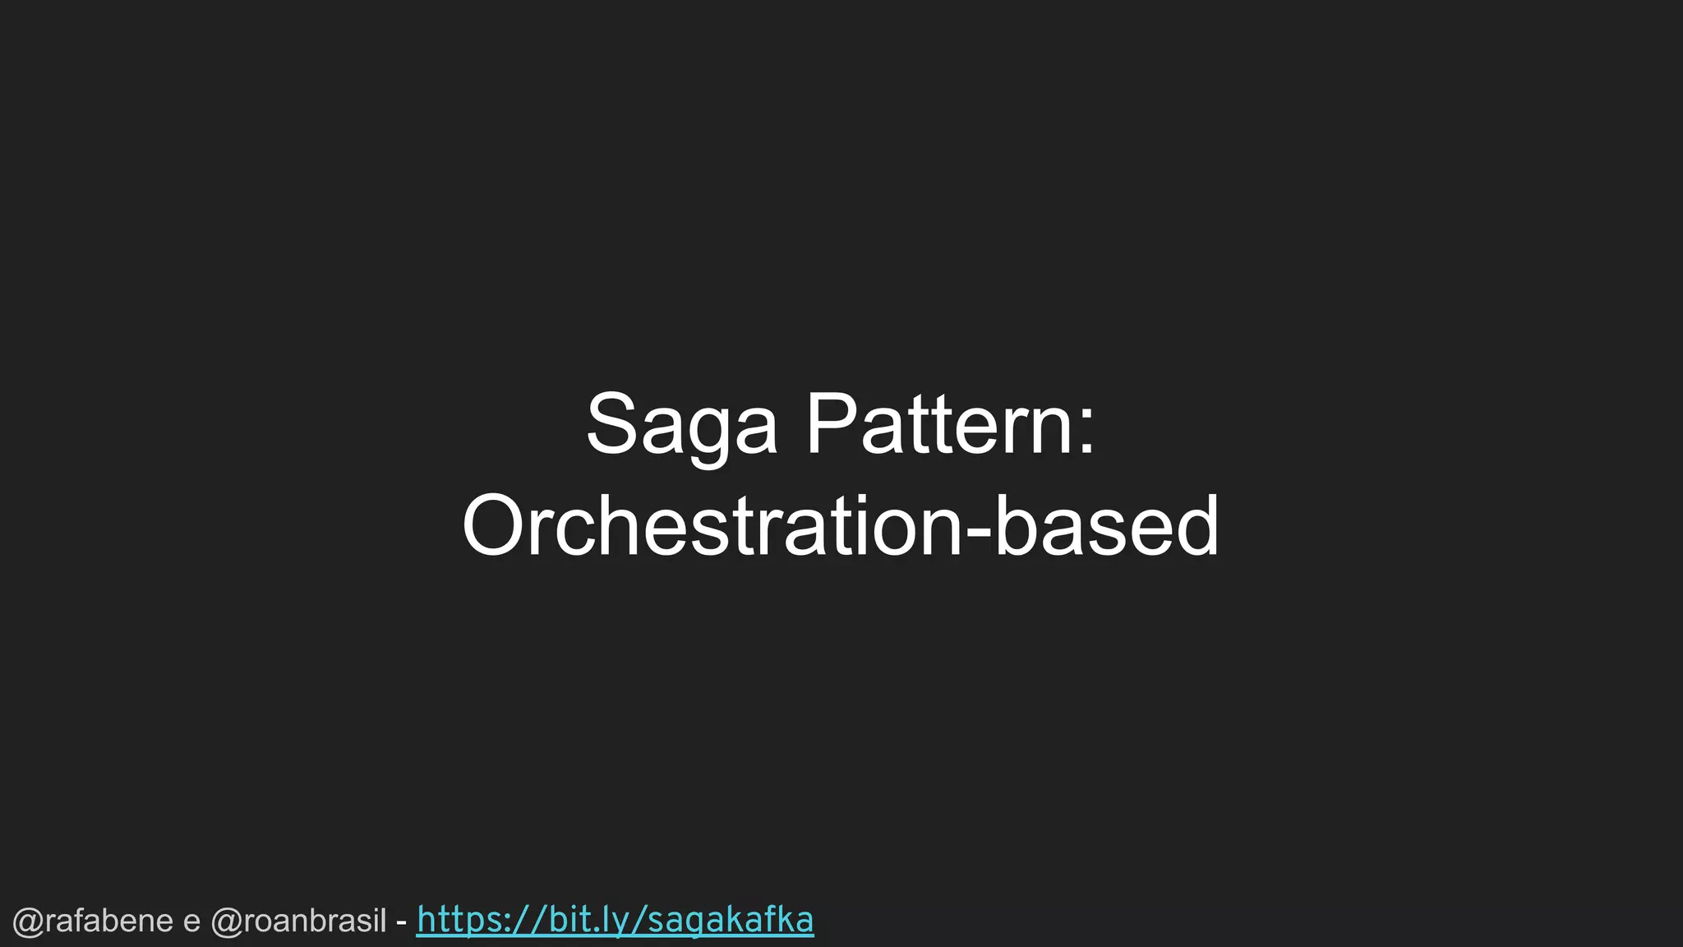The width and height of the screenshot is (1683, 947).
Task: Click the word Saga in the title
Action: click(681, 425)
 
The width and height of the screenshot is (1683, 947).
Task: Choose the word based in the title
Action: click(1106, 525)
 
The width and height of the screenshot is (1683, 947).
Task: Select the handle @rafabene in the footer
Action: click(93, 922)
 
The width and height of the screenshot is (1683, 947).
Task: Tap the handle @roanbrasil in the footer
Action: click(298, 922)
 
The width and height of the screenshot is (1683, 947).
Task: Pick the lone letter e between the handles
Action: click(191, 923)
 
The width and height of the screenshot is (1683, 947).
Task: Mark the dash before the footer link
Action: click(401, 922)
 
